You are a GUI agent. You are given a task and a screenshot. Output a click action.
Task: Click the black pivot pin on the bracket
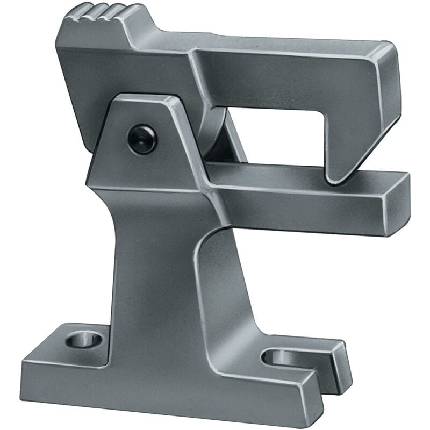[x=142, y=139]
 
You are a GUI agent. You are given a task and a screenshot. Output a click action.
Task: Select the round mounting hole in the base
[x=85, y=340]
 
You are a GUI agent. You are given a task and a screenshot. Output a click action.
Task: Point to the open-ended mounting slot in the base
[x=285, y=357]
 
